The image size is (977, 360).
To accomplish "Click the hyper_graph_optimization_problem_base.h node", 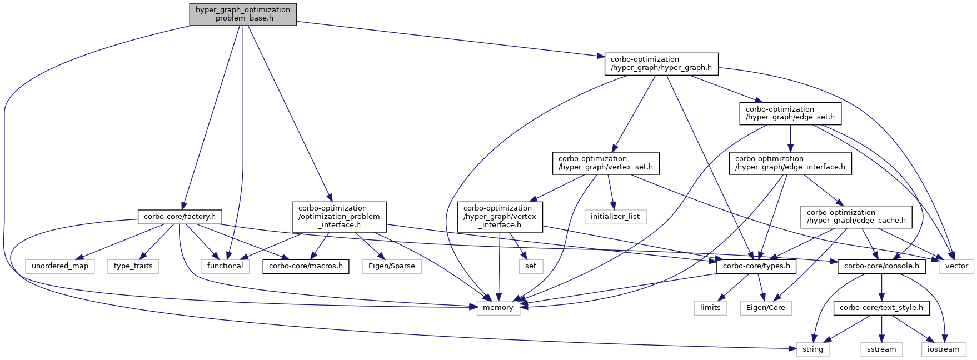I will point(242,14).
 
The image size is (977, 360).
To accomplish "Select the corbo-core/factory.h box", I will point(180,217).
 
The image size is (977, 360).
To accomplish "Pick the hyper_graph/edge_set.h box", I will point(790,113).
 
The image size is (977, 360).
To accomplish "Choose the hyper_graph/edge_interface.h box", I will point(790,163).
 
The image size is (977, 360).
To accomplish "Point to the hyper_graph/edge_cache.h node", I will point(856,217).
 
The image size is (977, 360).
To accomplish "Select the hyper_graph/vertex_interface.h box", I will point(500,217).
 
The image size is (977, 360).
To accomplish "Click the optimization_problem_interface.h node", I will point(338,217).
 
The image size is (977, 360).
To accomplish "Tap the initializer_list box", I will point(615,217).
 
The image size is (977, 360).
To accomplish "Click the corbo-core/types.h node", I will point(756,266).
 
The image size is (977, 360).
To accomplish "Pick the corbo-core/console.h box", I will point(881,266).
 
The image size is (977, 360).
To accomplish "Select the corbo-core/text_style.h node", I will point(881,308).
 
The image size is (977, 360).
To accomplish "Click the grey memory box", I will point(498,308).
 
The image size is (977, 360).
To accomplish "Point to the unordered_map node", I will point(60,266).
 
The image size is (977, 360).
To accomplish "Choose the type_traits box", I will point(133,266).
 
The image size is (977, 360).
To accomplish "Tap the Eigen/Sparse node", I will point(392,266).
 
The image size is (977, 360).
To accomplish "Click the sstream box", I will point(881,349).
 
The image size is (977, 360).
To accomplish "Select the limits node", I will point(710,308).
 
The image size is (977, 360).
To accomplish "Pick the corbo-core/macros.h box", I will point(306,266).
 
